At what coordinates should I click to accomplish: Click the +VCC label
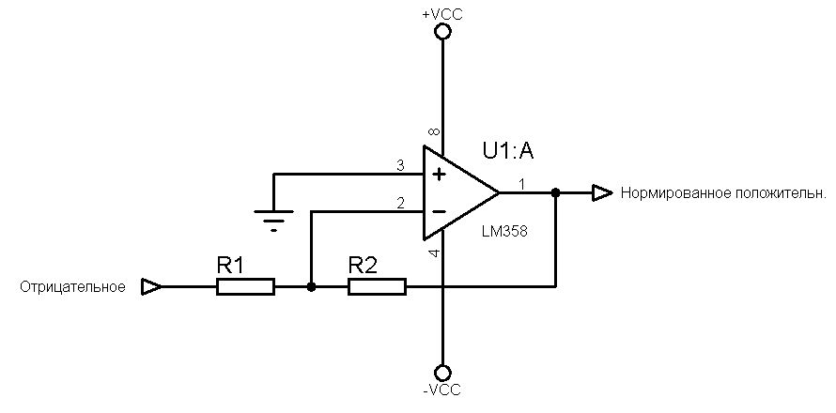pos(442,14)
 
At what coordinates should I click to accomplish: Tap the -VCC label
pos(442,389)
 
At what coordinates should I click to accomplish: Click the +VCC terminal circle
pos(442,32)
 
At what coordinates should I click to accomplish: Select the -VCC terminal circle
pos(442,372)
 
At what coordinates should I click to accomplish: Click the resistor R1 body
pos(246,286)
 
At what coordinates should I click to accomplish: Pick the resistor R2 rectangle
pos(377,286)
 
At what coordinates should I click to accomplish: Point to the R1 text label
pos(231,266)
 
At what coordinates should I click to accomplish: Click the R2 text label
pos(363,266)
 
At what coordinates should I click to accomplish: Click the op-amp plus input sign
pos(437,175)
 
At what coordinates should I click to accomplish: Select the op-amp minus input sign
pos(437,211)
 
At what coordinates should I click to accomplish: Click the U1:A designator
pos(508,150)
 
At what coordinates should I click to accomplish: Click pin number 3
pos(400,166)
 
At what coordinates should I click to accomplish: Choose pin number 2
pos(400,203)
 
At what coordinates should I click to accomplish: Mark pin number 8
pos(434,133)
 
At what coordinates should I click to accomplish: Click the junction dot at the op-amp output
pos(556,192)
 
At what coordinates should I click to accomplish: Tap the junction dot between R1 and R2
pos(311,286)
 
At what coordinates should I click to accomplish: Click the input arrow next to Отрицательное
pos(150,286)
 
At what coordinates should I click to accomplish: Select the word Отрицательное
pos(72,287)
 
